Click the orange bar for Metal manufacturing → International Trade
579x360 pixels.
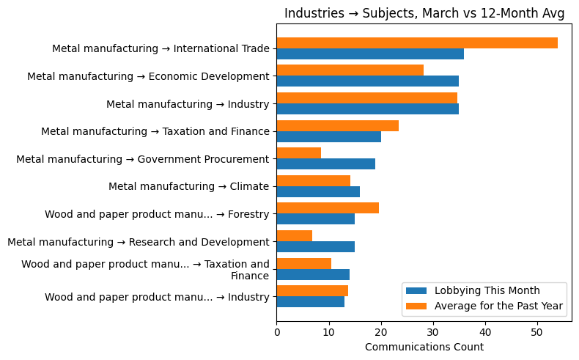(417, 43)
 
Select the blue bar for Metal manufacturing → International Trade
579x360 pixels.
(370, 54)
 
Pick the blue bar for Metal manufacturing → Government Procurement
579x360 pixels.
(325, 164)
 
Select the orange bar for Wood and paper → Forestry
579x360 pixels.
(328, 208)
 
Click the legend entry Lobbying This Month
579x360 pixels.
(487, 290)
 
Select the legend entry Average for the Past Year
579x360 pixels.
(498, 305)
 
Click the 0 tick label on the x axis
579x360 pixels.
(277, 333)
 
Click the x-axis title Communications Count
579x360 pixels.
(424, 347)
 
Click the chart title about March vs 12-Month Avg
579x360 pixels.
(424, 13)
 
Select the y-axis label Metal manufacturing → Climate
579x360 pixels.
(188, 187)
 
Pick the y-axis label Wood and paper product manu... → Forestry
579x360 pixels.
(157, 215)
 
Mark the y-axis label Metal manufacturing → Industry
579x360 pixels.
(188, 104)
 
